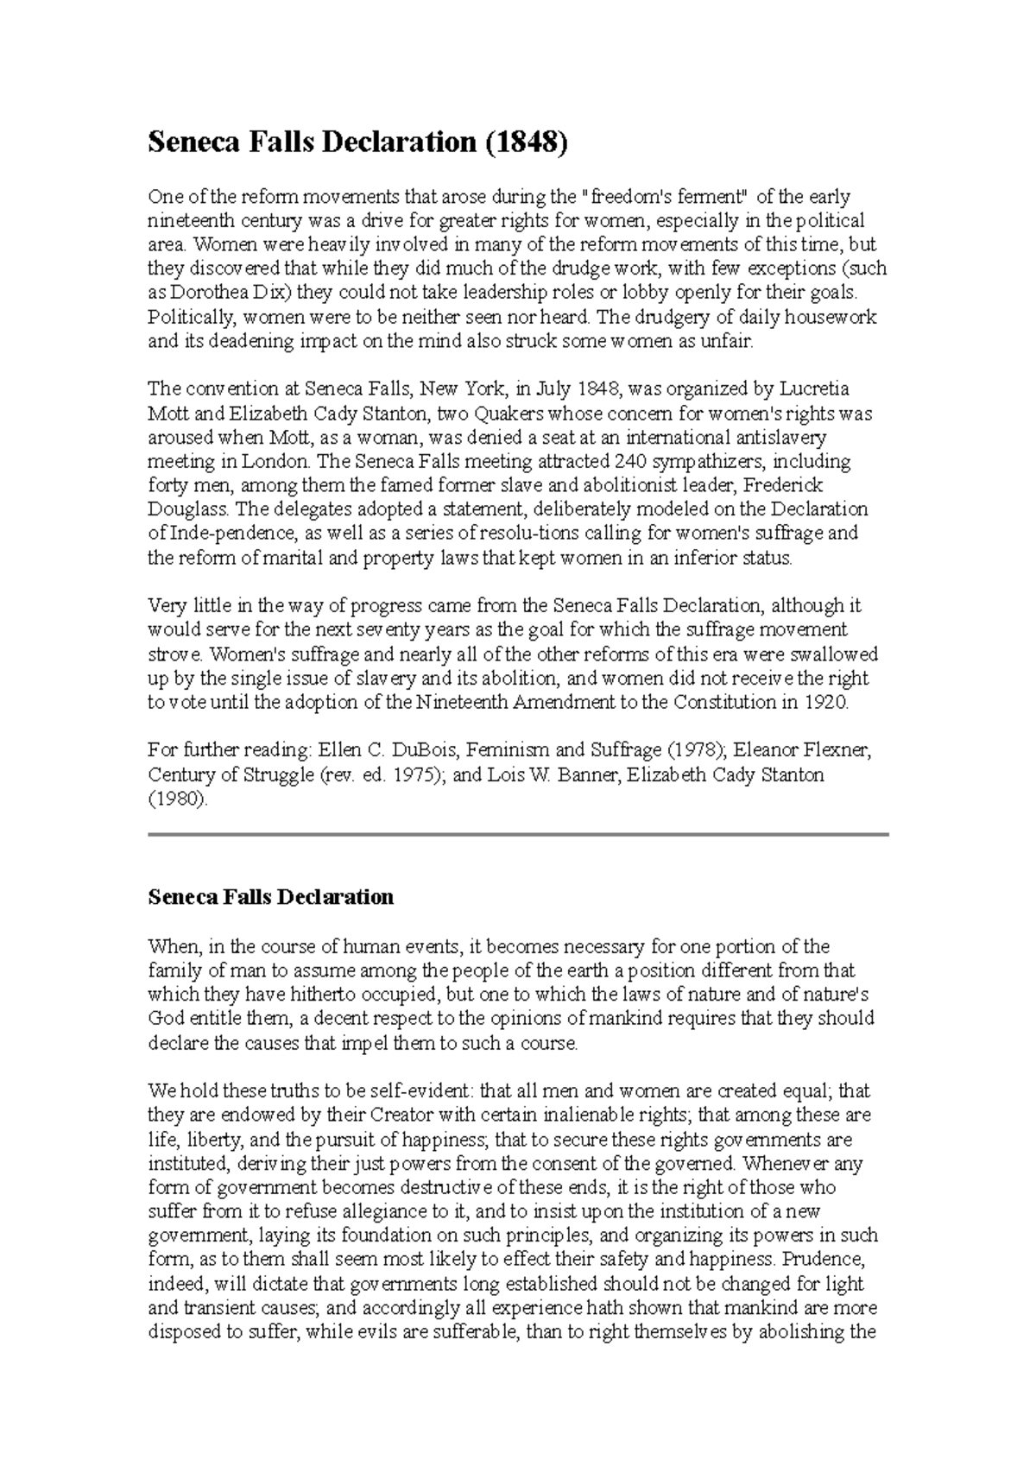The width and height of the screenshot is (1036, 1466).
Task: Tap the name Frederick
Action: click(784, 485)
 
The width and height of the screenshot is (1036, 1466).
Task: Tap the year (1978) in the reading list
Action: click(693, 750)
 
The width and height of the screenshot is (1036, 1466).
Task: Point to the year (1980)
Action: click(178, 799)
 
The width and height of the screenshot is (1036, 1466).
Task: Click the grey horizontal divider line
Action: click(518, 835)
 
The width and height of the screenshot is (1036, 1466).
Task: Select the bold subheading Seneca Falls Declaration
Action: click(271, 897)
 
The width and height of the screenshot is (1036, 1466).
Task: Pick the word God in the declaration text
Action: click(167, 1018)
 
